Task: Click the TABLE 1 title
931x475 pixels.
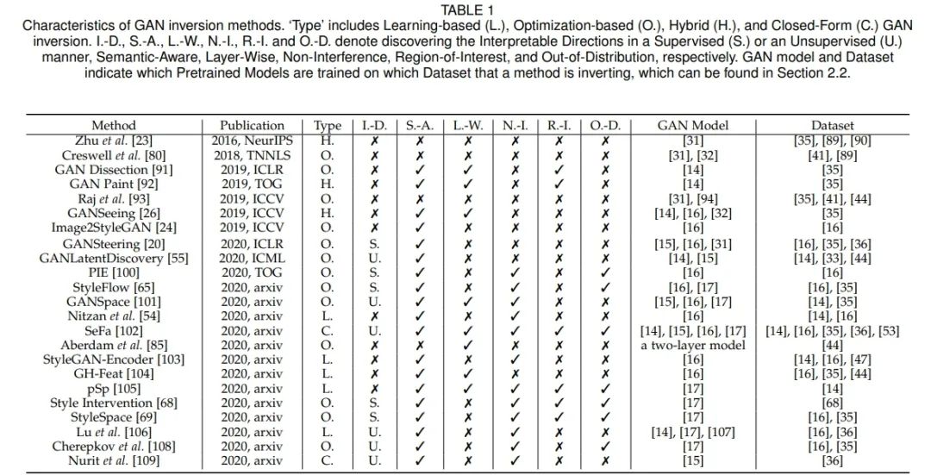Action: click(x=466, y=9)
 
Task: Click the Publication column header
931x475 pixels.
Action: click(x=252, y=126)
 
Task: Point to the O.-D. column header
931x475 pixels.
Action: click(x=604, y=126)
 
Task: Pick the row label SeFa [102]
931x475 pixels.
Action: click(x=114, y=331)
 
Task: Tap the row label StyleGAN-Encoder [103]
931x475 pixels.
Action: click(x=114, y=359)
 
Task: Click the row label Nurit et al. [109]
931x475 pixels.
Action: click(x=114, y=461)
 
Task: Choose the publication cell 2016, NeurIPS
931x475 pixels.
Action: click(x=252, y=140)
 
